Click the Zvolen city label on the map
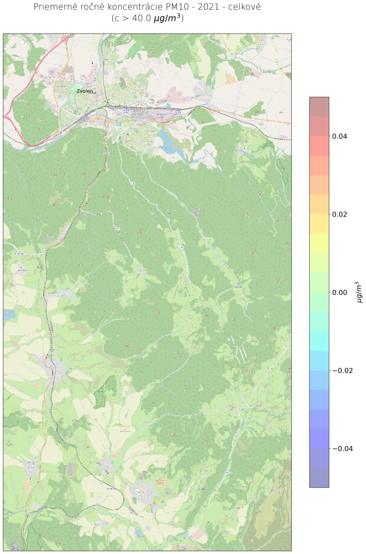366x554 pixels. point(85,91)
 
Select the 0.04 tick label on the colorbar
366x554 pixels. point(341,136)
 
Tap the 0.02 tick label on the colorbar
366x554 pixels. point(341,214)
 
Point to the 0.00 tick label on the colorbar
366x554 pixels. point(341,292)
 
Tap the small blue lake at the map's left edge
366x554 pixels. point(9,315)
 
